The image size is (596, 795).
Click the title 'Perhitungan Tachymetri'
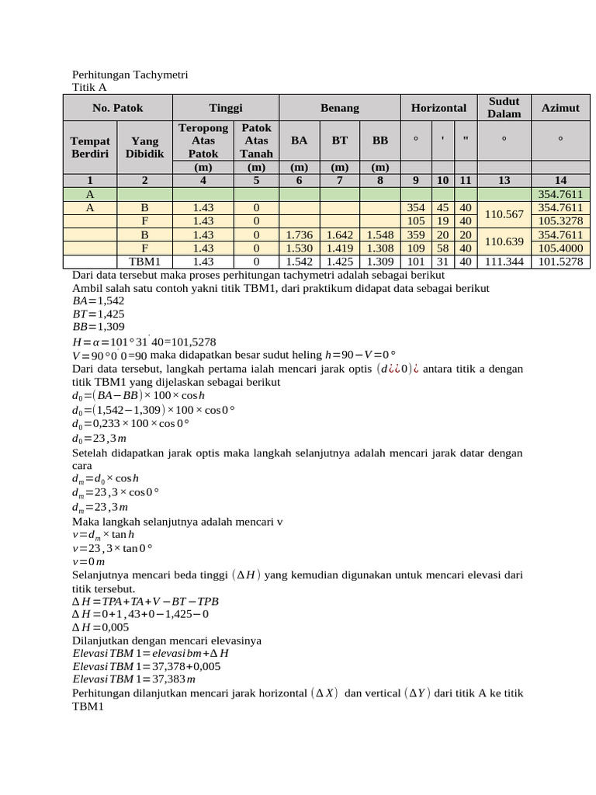[130, 75]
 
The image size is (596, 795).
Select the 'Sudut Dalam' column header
[504, 108]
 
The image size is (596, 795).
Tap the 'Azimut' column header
[560, 108]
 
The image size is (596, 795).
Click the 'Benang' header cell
[339, 108]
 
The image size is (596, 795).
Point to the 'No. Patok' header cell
[117, 108]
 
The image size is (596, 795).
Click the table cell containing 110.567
[504, 214]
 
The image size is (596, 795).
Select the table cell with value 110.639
[504, 241]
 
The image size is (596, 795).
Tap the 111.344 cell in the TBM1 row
[504, 262]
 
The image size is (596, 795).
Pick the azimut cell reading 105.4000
[560, 248]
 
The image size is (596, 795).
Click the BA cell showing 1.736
[299, 234]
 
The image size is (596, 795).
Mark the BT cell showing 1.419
[339, 248]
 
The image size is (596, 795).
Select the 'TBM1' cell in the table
[144, 262]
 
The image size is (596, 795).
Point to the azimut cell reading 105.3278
[560, 221]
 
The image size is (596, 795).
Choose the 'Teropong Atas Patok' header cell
[203, 141]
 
